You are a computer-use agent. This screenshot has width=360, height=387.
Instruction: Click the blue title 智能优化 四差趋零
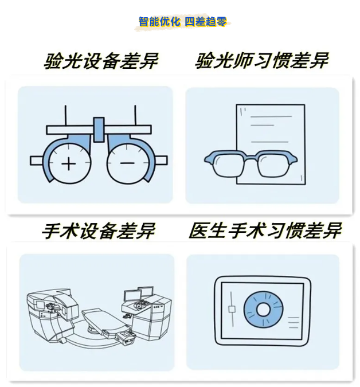(182, 21)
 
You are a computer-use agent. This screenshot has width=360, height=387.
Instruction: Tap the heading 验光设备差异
(101, 61)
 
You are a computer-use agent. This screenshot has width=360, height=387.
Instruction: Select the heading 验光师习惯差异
(262, 60)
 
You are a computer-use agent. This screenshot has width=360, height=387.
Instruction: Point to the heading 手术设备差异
(98, 231)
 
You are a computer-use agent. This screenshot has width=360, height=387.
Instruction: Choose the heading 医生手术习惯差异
(265, 230)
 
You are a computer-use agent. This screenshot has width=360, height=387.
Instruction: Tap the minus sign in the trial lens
(127, 163)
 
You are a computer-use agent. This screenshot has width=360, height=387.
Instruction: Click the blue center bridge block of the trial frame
(99, 130)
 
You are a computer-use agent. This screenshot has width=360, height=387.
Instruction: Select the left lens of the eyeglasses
(229, 165)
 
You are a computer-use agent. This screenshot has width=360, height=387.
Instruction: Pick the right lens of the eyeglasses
(273, 165)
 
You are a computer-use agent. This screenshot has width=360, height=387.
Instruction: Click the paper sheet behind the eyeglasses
(271, 128)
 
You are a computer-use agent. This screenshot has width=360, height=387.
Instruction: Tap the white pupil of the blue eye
(263, 310)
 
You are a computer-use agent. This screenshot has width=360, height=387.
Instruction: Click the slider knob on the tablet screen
(232, 310)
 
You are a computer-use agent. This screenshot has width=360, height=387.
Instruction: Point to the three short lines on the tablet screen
(294, 322)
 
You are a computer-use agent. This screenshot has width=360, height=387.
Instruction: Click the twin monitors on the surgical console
(139, 294)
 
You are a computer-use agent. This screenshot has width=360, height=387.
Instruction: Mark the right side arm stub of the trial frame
(162, 161)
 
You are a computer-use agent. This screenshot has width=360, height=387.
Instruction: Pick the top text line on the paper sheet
(271, 116)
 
